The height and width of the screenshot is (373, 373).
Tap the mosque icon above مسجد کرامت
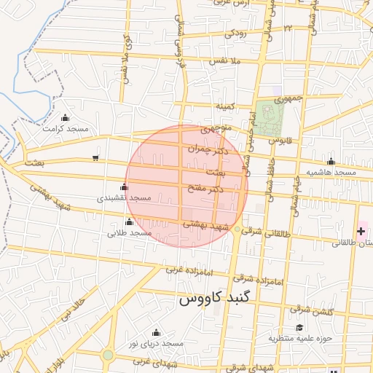tap(66, 118)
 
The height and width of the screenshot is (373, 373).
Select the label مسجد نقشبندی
tap(125, 197)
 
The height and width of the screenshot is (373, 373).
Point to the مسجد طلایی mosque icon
tap(130, 222)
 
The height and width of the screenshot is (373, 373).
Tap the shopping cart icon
tap(95, 158)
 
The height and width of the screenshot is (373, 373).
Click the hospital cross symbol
tap(362, 231)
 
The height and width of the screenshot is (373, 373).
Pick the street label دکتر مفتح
tap(206, 189)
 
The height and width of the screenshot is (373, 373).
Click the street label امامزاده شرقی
tap(259, 280)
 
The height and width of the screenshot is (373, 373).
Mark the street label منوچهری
tap(216, 130)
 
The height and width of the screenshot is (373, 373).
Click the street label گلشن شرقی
tap(329, 311)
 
